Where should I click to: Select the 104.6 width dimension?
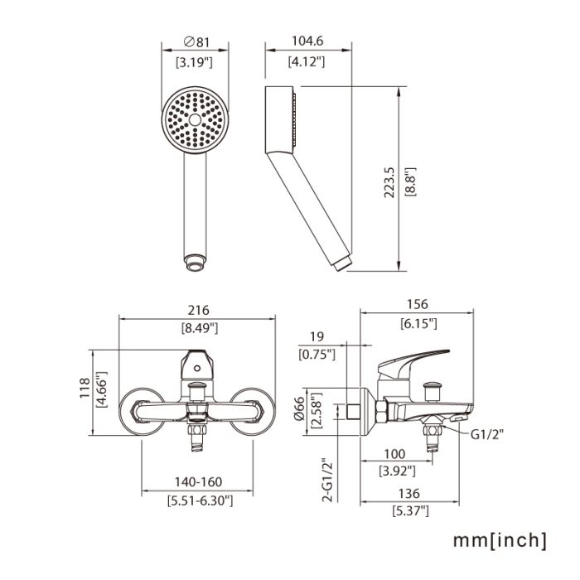point(307,41)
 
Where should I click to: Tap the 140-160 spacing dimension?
point(199,482)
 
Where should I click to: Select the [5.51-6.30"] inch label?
point(199,500)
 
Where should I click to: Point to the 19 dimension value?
point(316,336)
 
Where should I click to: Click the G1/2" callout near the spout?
point(489,432)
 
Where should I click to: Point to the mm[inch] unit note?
point(499,540)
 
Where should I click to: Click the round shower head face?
point(196,120)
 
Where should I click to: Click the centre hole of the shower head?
point(196,120)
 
